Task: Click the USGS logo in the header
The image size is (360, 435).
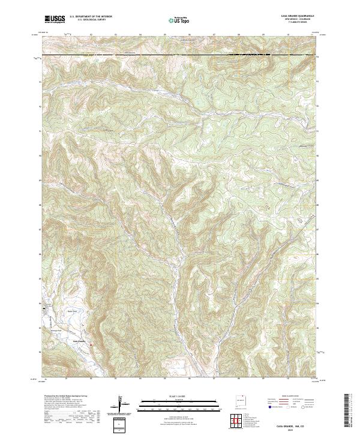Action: pos(55,19)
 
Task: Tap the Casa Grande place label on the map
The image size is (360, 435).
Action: pos(80,341)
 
